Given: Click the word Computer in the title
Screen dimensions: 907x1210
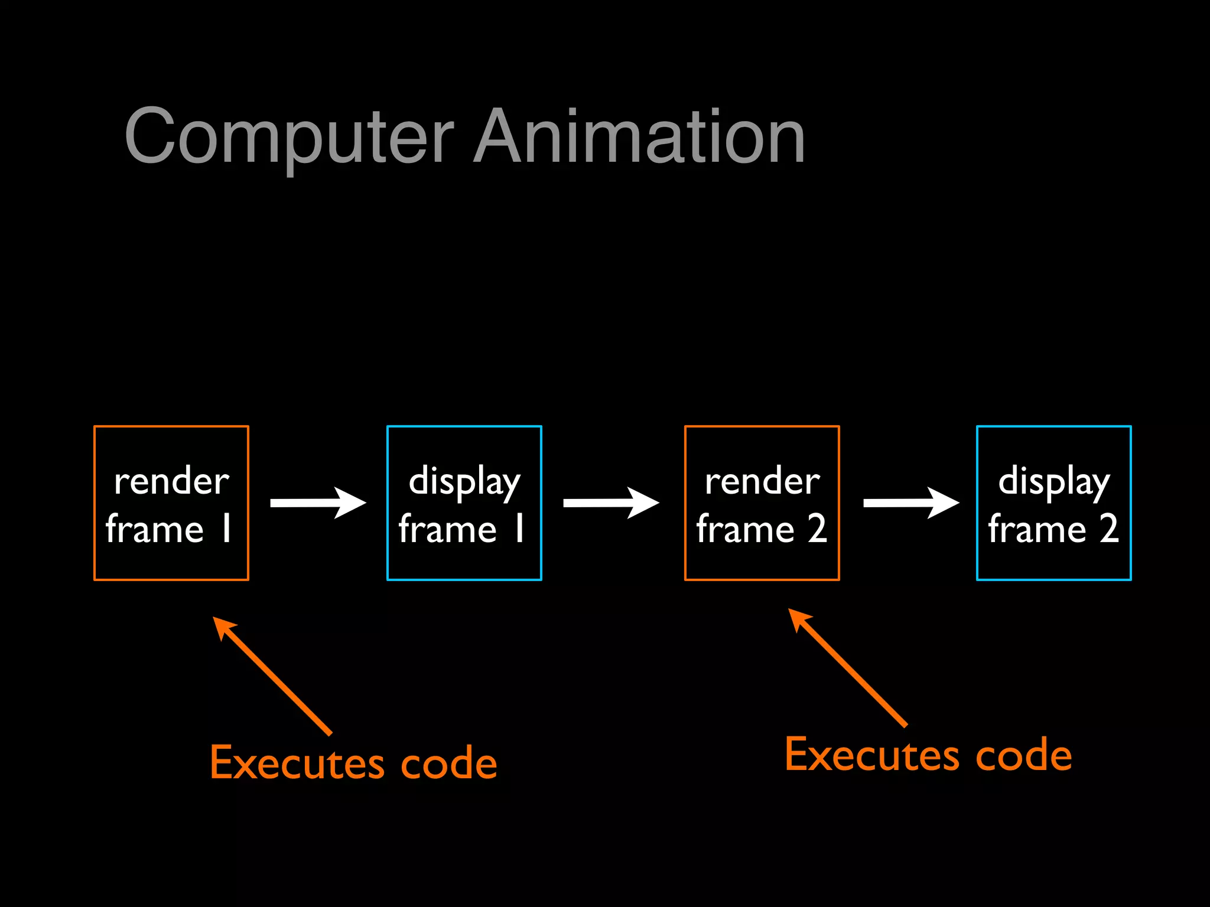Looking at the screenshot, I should point(289,137).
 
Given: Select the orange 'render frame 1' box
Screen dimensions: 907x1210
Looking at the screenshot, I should point(171,503).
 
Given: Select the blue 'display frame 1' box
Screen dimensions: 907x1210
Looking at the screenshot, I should point(464,503).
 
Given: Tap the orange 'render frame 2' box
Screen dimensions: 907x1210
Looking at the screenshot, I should point(762,503).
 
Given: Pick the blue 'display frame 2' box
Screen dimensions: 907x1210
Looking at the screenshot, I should point(1054,503).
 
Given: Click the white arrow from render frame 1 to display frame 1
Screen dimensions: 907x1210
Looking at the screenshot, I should point(318,503).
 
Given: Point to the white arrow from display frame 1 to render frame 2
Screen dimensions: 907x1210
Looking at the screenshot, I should point(611,503).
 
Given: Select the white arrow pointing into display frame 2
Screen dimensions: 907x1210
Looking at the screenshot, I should point(911,503).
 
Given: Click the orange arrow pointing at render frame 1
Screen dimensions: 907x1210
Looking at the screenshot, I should point(272,676).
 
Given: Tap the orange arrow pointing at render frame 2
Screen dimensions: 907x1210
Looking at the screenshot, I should point(847,667).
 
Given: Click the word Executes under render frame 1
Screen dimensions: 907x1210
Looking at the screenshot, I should point(297,763).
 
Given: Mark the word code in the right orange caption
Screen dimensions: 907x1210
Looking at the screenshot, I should point(1024,756).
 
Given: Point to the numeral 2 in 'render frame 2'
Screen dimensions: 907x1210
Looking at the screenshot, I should point(817,528).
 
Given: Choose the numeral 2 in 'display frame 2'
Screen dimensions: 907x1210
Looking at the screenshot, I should point(1109,528).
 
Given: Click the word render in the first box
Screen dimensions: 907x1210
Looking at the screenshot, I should point(171,481).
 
